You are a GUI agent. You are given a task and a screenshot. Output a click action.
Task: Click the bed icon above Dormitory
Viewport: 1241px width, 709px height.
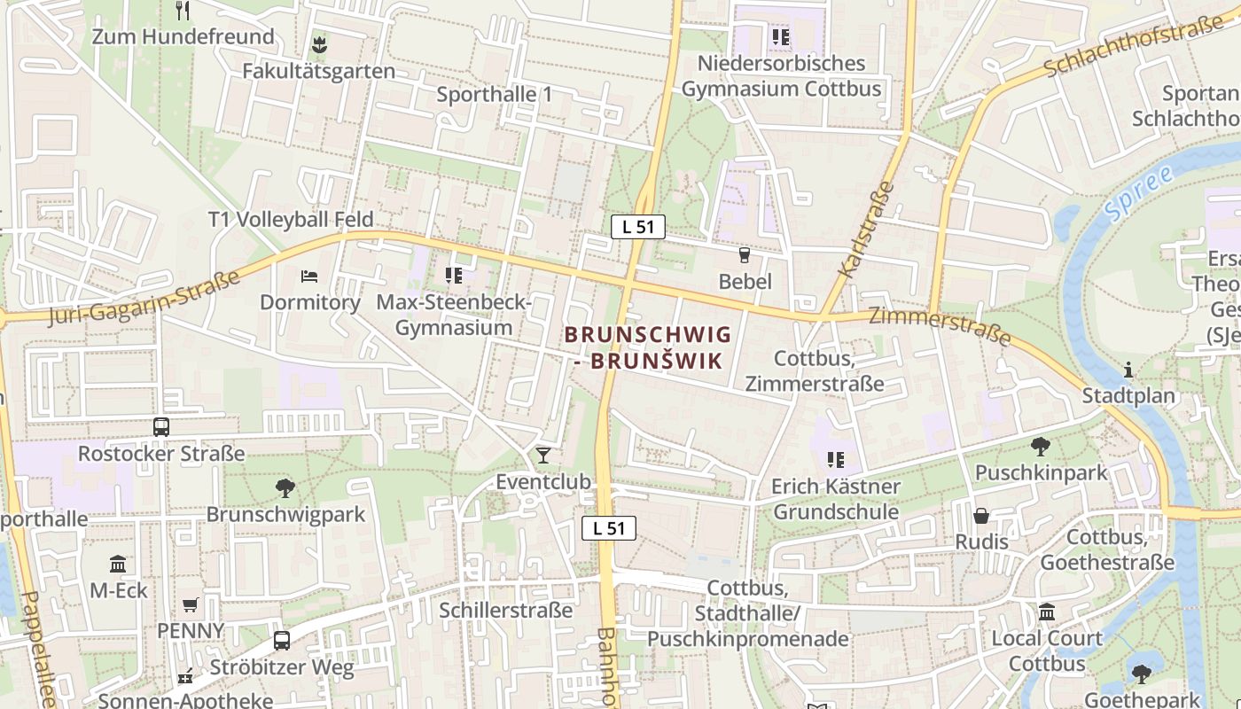tap(309, 277)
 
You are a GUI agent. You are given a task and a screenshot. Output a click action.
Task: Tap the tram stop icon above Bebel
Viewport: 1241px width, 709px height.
tap(745, 255)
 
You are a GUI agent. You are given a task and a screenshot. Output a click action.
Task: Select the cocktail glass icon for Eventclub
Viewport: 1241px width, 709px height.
tap(543, 456)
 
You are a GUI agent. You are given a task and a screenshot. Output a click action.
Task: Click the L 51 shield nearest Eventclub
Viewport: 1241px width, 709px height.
tap(609, 528)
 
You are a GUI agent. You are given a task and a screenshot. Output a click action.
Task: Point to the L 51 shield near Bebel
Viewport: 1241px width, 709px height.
tap(637, 226)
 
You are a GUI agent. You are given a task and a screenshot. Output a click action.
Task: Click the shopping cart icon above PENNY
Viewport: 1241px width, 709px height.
tap(191, 605)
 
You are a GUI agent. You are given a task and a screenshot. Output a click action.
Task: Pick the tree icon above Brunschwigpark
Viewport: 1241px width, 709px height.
tap(285, 487)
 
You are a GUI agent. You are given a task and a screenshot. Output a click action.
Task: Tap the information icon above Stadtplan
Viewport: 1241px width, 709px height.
tap(1128, 370)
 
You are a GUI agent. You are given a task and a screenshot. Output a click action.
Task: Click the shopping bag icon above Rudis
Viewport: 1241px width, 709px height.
tap(981, 516)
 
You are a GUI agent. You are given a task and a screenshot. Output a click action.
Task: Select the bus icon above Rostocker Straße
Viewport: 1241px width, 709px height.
tap(161, 427)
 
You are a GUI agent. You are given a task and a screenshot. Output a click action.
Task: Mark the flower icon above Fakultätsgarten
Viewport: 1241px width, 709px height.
tap(318, 44)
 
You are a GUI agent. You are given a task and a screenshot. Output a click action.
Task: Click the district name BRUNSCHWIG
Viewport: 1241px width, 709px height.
tap(647, 335)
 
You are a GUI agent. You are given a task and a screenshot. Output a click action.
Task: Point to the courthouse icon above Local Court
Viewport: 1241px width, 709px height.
tap(1047, 612)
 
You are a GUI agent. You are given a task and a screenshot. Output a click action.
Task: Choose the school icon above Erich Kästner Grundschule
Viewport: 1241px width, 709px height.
tap(835, 460)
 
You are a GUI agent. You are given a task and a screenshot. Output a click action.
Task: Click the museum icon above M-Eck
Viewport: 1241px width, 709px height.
tap(118, 565)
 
